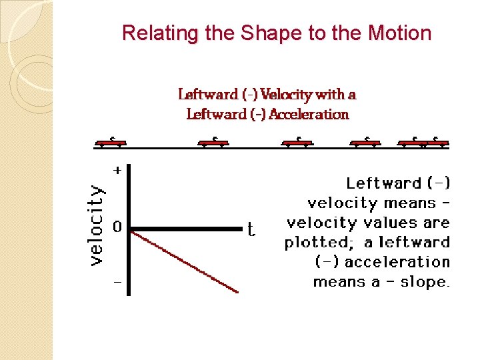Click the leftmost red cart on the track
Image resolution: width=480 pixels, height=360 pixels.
pyautogui.click(x=111, y=142)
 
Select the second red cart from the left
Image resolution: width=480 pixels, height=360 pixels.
pyautogui.click(x=213, y=142)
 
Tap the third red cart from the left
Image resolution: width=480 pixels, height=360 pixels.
pyautogui.click(x=297, y=142)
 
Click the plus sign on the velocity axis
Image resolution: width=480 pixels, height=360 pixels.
pyautogui.click(x=117, y=171)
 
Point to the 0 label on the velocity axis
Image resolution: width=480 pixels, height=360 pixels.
pyautogui.click(x=117, y=227)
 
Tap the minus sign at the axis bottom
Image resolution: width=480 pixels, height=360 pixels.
pyautogui.click(x=117, y=282)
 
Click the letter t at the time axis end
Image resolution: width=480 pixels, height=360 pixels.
pyautogui.click(x=251, y=230)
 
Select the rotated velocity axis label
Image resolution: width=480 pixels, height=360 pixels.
pyautogui.click(x=97, y=225)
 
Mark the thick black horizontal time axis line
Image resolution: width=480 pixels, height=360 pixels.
pyautogui.click(x=187, y=229)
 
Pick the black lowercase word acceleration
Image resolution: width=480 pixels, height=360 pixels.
pyautogui.click(x=397, y=262)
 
